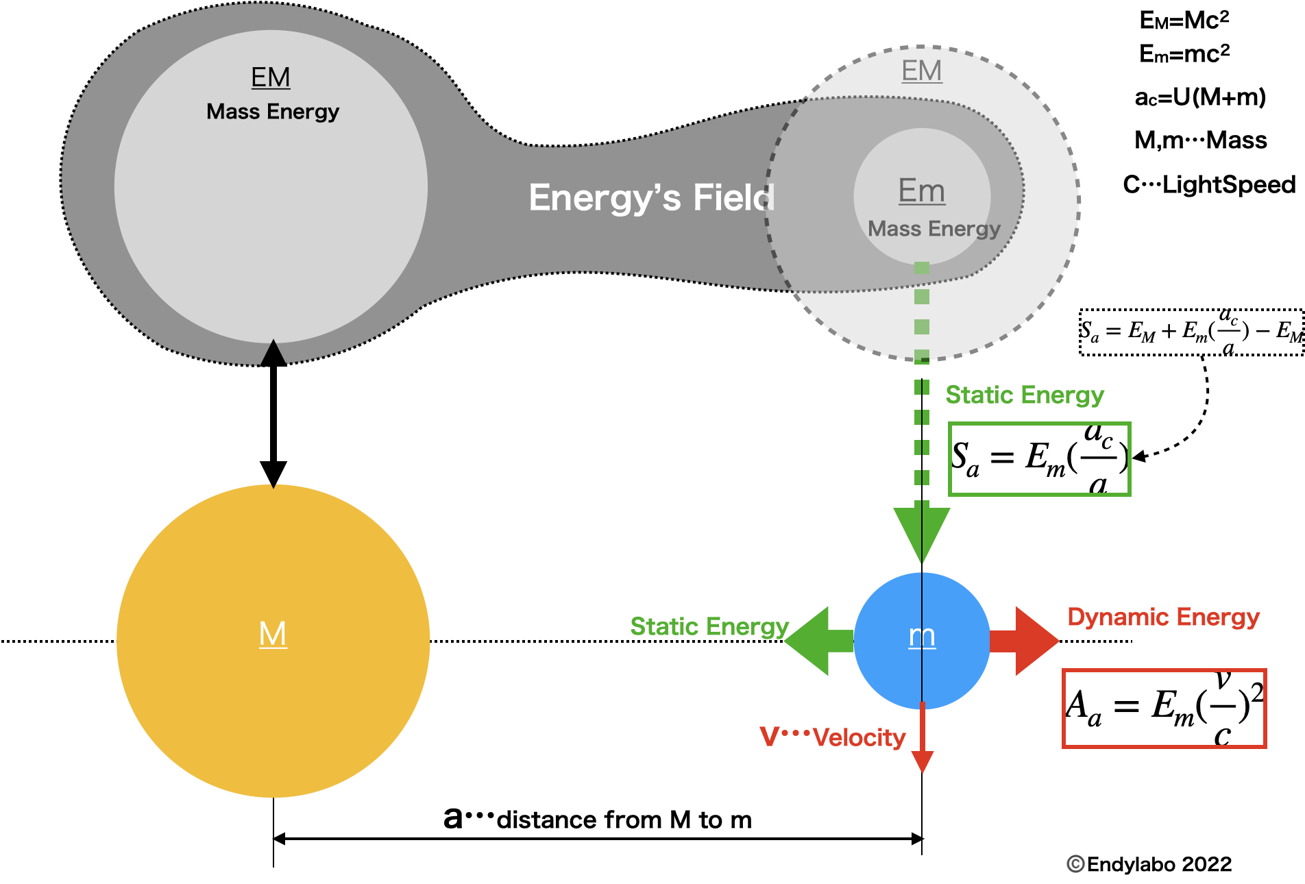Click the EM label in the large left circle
(x=271, y=77)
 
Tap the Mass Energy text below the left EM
(x=273, y=112)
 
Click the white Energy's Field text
(x=652, y=198)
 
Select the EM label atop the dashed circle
(x=921, y=71)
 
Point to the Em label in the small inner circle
(x=922, y=191)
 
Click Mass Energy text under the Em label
(x=934, y=229)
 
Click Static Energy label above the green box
(x=1025, y=395)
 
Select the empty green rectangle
(x=1039, y=459)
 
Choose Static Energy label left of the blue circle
(x=709, y=627)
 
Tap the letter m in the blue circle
(x=922, y=637)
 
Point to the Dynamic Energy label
(x=1163, y=617)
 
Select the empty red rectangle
(x=1164, y=709)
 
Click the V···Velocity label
(x=833, y=737)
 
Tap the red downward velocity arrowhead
(x=923, y=761)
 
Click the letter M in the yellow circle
(x=273, y=634)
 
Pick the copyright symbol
(x=1076, y=864)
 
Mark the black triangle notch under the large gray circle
(x=273, y=353)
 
